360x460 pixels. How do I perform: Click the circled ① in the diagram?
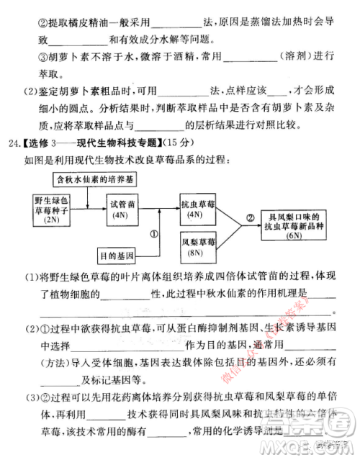pos(153,234)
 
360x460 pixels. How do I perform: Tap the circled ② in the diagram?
pos(250,217)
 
